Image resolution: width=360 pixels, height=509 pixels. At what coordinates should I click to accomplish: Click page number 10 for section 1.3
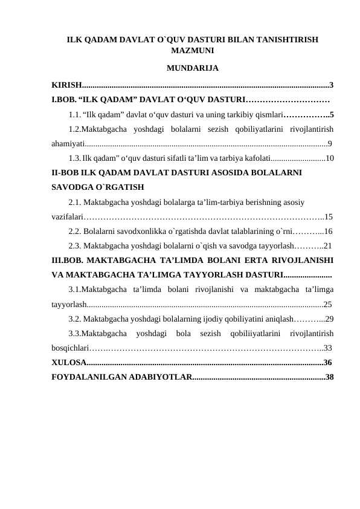[x=330, y=158]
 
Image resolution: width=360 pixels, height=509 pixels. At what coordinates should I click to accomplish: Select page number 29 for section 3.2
[x=330, y=319]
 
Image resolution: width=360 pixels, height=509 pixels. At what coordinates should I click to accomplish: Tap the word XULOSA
[x=68, y=363]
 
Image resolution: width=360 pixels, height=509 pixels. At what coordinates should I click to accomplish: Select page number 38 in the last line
[x=330, y=378]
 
